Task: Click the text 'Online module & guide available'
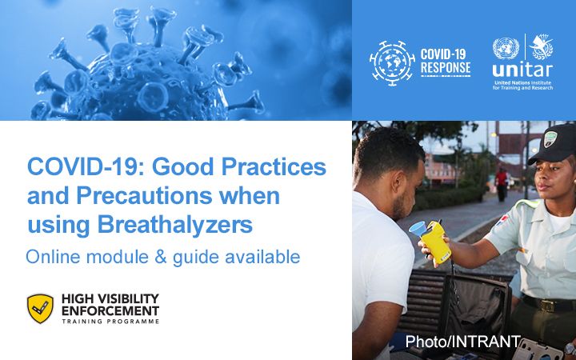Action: point(162,257)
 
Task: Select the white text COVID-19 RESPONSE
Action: point(446,62)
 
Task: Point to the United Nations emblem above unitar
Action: point(506,49)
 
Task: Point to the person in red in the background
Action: point(502,182)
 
